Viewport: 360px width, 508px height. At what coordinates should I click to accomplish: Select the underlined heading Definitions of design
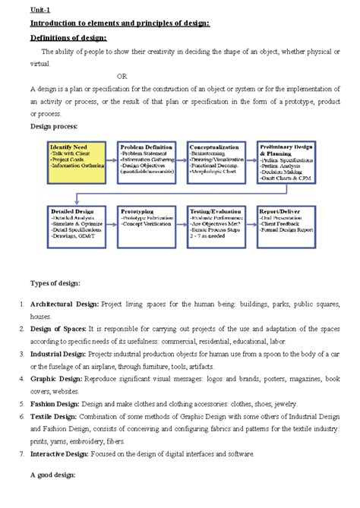click(x=68, y=37)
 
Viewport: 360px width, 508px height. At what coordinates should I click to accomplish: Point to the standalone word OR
click(x=122, y=76)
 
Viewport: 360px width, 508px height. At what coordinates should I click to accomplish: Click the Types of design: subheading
click(x=55, y=283)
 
